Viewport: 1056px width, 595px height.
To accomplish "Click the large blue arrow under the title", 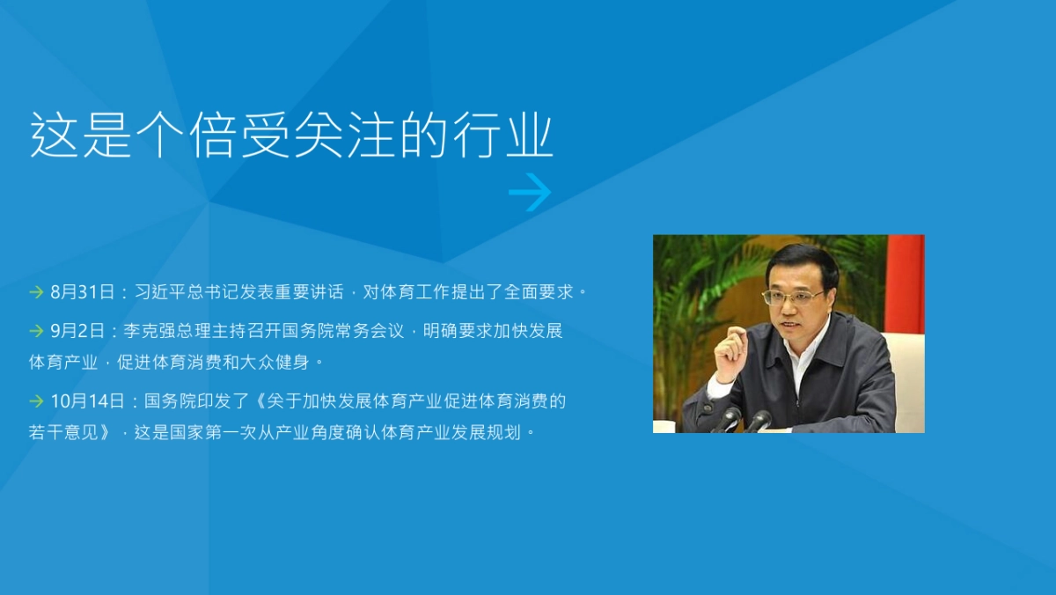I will [x=530, y=193].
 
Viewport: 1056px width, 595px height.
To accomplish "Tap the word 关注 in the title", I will [x=345, y=136].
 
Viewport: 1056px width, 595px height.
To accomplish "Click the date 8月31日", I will [x=83, y=291].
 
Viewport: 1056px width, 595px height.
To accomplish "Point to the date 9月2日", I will [x=77, y=331].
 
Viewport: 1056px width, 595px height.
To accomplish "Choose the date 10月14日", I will [x=87, y=401].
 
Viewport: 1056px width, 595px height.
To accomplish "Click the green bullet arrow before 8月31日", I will [x=36, y=291].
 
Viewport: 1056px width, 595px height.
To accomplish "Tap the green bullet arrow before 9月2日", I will [x=36, y=331].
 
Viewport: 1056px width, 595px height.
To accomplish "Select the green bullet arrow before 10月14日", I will [x=36, y=401].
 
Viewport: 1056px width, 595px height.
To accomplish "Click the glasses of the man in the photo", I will [x=793, y=297].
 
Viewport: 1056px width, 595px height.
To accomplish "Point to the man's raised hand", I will [x=730, y=351].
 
